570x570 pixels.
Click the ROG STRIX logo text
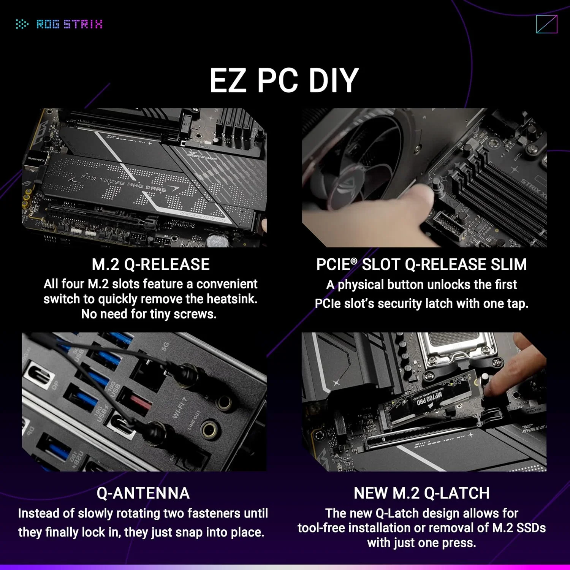tap(69, 24)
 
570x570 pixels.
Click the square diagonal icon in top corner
tap(546, 24)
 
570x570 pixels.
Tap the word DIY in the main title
tap(333, 81)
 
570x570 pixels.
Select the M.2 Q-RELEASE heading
tap(150, 264)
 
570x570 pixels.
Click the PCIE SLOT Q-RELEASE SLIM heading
tap(421, 264)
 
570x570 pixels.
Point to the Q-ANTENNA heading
tap(143, 493)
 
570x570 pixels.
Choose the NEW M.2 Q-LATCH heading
tap(421, 493)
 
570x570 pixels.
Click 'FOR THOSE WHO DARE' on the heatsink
tap(123, 183)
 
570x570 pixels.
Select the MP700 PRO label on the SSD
tap(429, 399)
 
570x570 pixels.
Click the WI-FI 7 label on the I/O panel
tap(180, 408)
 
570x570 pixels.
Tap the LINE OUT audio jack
tap(210, 430)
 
